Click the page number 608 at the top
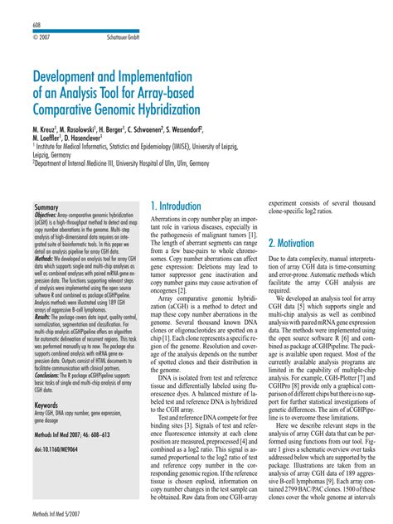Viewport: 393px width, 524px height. (x=37, y=27)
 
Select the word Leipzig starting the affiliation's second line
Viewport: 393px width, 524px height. (x=44, y=154)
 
